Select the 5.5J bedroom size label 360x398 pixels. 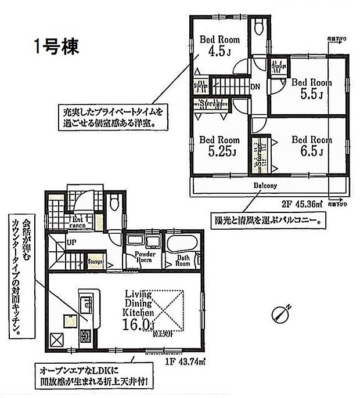point(311,93)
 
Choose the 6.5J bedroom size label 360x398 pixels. point(311,152)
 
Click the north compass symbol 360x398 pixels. point(280,313)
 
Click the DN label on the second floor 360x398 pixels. point(255,87)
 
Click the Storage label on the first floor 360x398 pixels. point(95,262)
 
